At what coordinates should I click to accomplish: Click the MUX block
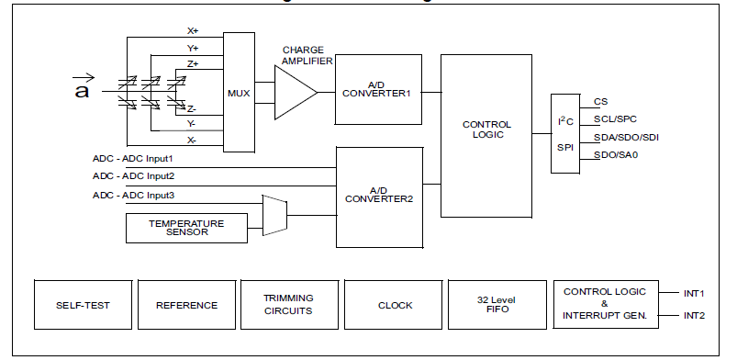239,92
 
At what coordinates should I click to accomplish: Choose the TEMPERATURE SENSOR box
186,227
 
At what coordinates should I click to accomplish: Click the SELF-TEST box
83,305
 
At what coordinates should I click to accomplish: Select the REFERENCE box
186,305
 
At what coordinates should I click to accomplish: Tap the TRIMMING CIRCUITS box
290,305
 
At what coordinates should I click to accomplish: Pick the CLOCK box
395,305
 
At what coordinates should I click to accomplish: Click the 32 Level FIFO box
497,305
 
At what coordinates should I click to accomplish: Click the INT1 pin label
695,293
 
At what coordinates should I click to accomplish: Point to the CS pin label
601,102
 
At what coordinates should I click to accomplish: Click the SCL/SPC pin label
616,119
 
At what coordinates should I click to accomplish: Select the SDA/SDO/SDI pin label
626,137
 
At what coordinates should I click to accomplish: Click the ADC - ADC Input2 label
133,176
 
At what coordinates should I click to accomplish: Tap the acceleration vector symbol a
82,88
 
